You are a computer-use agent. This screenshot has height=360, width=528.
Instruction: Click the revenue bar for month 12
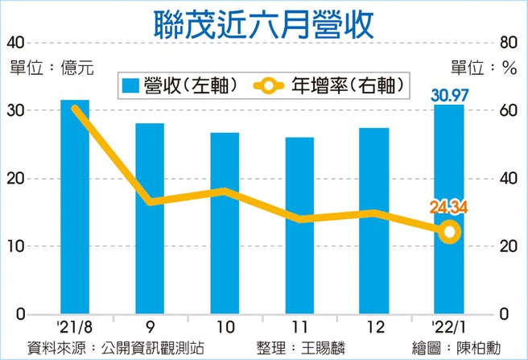pyautogui.click(x=374, y=221)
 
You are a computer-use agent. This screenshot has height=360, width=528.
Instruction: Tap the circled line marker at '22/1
pyautogui.click(x=450, y=232)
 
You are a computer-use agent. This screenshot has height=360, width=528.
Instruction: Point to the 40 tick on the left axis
pyautogui.click(x=17, y=42)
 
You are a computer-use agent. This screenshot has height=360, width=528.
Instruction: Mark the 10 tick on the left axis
pyautogui.click(x=16, y=246)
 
